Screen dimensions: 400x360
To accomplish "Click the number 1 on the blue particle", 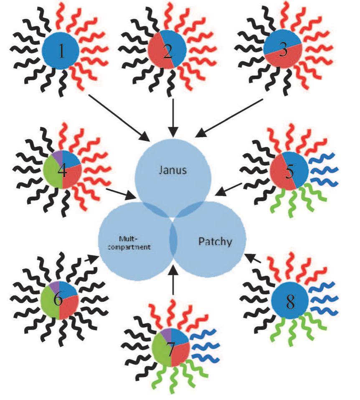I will tap(61, 51).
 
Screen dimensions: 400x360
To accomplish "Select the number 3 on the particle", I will tap(283, 51).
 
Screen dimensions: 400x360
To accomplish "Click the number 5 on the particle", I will tap(289, 170).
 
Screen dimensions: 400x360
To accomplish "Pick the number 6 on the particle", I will tap(58, 300).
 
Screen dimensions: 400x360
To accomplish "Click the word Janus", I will tap(173, 171).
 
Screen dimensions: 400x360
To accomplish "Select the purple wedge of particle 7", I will tap(165, 334).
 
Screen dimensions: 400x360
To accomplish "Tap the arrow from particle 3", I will tap(230, 118).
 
